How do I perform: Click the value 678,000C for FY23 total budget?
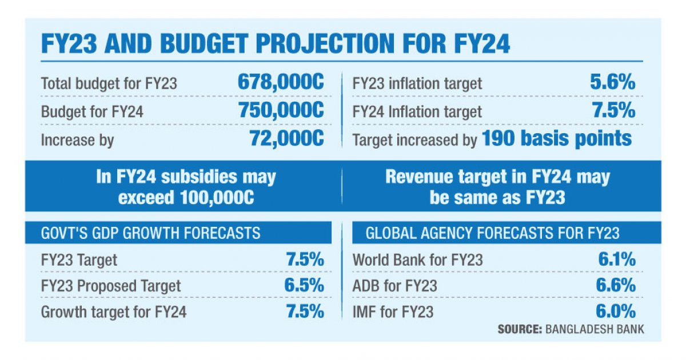[281, 82]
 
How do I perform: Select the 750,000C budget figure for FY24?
[281, 110]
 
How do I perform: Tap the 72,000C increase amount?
[286, 138]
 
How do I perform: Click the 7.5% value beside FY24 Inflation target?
[613, 110]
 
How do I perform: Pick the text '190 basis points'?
[557, 138]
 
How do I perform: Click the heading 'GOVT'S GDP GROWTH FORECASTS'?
[150, 233]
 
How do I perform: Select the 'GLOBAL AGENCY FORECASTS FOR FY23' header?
[492, 233]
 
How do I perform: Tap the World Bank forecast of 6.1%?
[617, 259]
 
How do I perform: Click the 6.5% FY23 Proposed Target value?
[304, 285]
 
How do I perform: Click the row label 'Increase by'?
[77, 139]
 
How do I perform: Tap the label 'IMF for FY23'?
[393, 312]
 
